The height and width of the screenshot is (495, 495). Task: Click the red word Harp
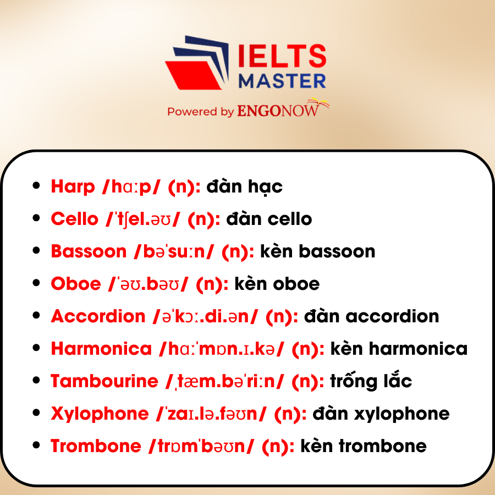point(73,187)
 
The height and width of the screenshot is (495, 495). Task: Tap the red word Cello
point(75,219)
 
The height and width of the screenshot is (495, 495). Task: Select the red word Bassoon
point(89,251)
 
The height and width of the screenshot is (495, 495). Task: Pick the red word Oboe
point(76,283)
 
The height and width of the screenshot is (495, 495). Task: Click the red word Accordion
point(98,316)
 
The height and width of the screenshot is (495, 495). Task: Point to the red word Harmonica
point(101,349)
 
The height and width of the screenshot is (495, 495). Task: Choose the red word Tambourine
point(105,381)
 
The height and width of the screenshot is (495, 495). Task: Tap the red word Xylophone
point(100,414)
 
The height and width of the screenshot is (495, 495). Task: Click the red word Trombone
point(96,446)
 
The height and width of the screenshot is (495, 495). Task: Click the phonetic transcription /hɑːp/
point(131,187)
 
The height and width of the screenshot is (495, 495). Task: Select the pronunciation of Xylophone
point(211,414)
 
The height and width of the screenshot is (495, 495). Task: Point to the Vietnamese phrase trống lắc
point(371,381)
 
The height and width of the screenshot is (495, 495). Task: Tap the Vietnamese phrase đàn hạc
point(244,187)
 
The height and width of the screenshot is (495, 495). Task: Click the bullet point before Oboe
point(36,283)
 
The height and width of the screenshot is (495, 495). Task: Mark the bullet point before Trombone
point(36,445)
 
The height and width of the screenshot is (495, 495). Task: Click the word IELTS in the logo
point(282,56)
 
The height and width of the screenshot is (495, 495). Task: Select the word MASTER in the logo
point(282,81)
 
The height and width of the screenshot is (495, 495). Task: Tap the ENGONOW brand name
point(278,111)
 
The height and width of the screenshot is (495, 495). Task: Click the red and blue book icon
point(197,63)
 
